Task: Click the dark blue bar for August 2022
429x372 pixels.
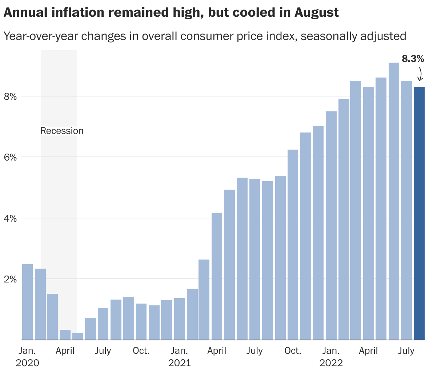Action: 419,213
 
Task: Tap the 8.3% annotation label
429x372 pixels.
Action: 413,59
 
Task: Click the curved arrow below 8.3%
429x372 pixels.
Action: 420,74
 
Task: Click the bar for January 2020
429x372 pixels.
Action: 28,302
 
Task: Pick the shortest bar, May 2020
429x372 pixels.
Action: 78,336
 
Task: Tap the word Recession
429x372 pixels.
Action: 62,131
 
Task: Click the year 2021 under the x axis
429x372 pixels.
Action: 179,363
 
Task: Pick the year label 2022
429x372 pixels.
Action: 331,363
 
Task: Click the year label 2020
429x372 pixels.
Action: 27,363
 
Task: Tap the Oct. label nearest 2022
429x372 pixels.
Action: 293,351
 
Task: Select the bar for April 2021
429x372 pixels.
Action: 217,276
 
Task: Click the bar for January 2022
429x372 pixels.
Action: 331,225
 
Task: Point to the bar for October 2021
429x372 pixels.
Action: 293,244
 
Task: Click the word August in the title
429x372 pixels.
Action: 316,13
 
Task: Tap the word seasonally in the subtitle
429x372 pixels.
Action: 327,36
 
